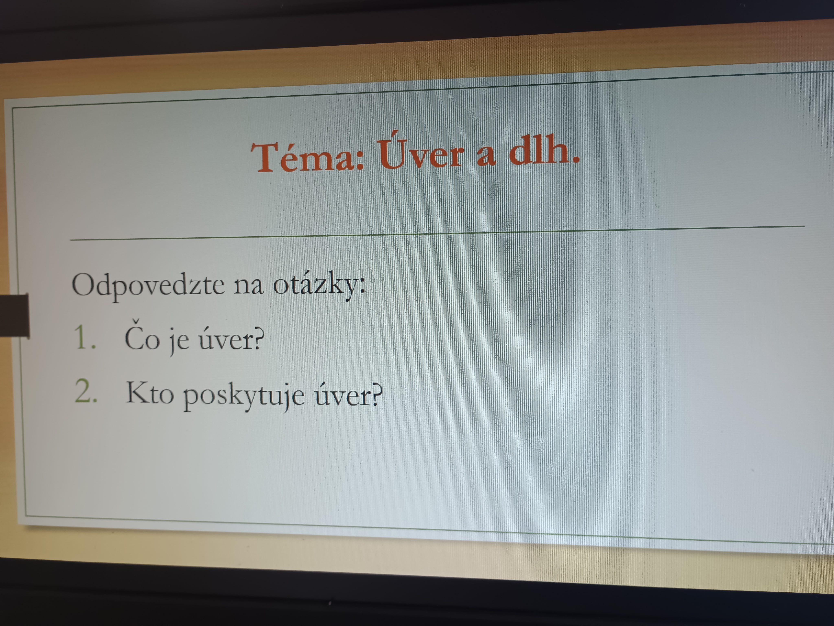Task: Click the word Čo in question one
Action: click(x=142, y=335)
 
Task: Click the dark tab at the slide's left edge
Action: click(x=14, y=315)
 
